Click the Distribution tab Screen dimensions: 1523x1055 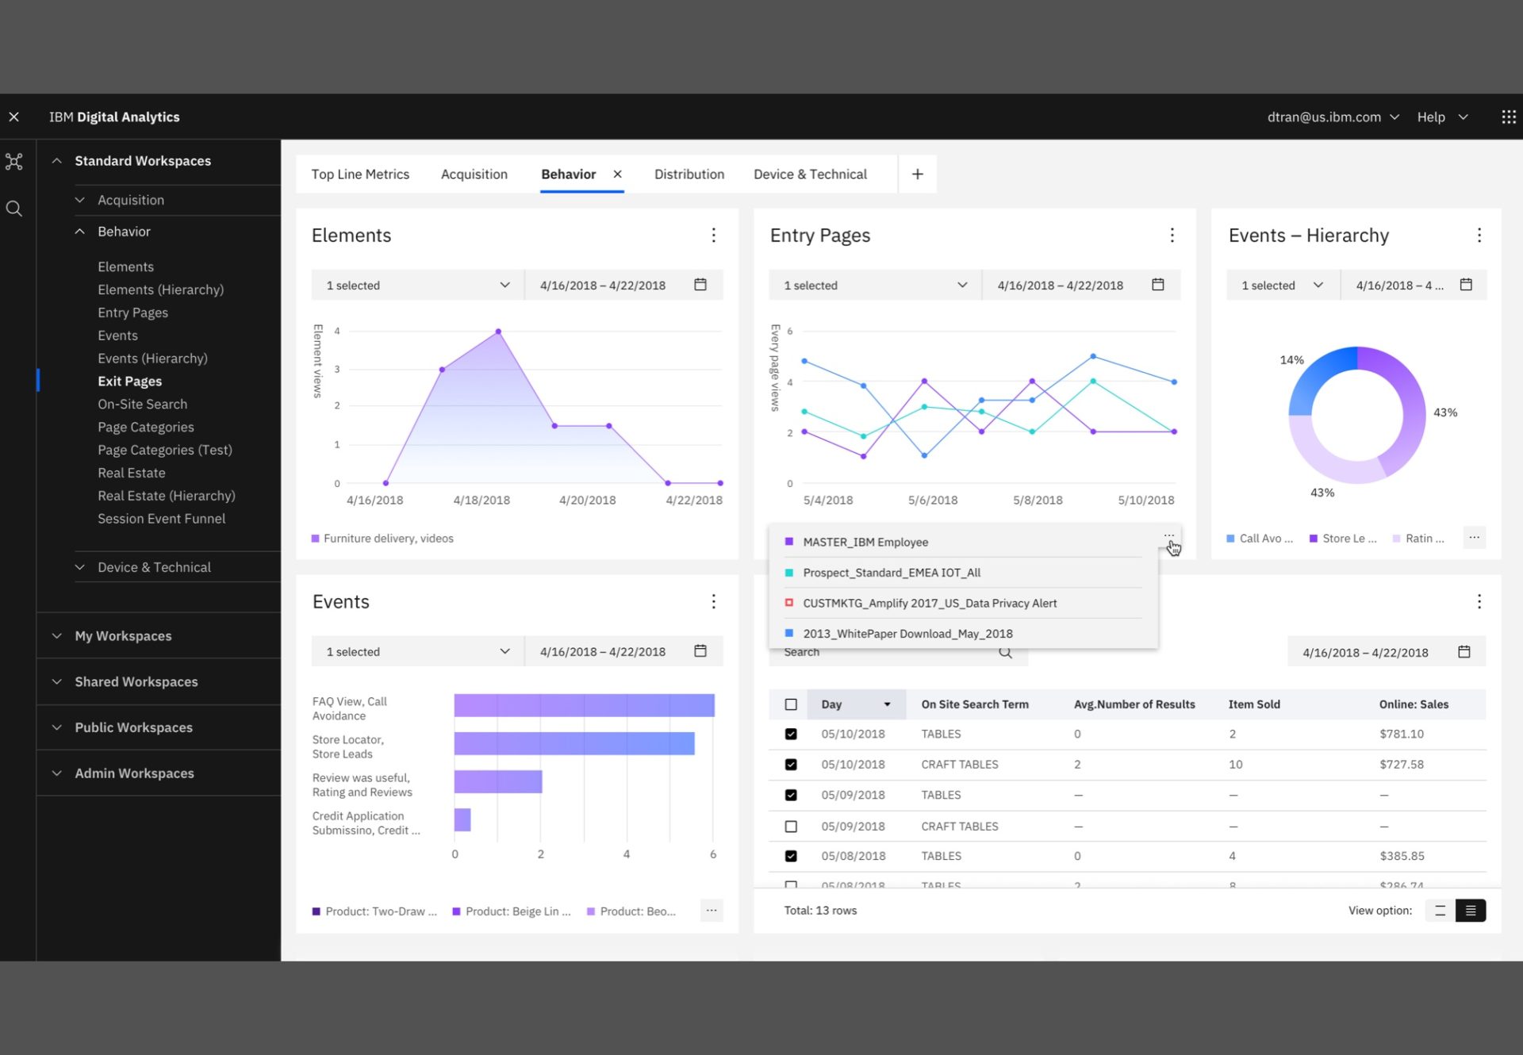(689, 175)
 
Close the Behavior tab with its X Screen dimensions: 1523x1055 (617, 175)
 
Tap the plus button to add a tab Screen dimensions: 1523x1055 (917, 175)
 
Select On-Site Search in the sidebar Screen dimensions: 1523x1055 (143, 405)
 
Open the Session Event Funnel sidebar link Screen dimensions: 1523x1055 (161, 519)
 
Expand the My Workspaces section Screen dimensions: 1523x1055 (123, 636)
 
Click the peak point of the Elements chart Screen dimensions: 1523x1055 (498, 332)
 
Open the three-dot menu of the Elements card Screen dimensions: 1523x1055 (713, 236)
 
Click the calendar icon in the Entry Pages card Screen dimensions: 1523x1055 (1158, 285)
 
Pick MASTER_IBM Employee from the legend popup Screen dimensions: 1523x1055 (865, 543)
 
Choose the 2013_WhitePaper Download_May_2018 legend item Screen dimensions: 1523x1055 (907, 634)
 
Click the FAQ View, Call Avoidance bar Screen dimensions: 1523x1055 (584, 705)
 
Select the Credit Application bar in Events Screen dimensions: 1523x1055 (462, 820)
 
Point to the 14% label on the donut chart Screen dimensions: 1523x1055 (1291, 360)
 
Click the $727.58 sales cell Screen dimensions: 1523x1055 (1402, 765)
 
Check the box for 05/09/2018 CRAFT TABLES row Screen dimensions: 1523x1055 (791, 827)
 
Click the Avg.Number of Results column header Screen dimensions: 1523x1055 (1134, 704)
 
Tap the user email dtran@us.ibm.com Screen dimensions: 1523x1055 (1324, 117)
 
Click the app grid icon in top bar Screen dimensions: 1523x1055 (1509, 117)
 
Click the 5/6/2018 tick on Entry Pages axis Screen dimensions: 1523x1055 (933, 501)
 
